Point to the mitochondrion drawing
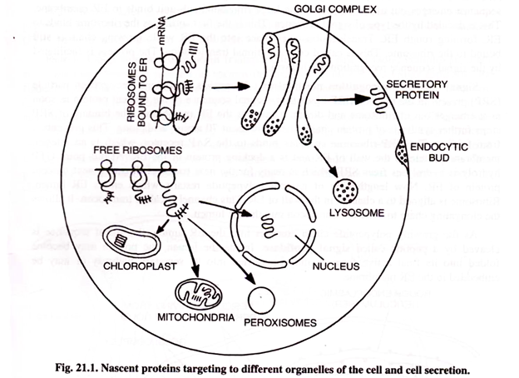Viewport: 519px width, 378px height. click(199, 291)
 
